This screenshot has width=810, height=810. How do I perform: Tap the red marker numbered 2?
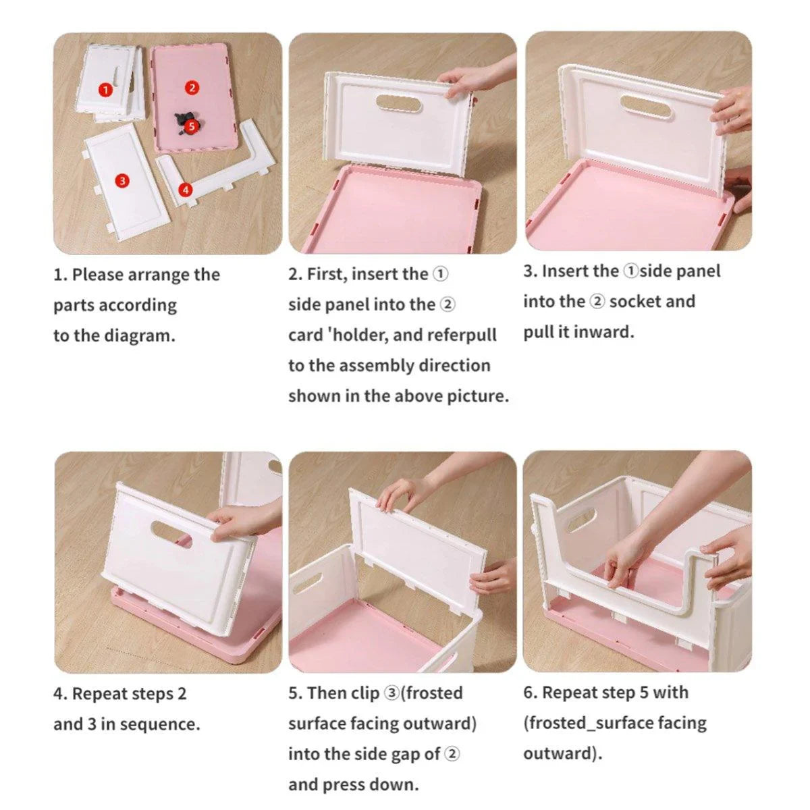point(192,88)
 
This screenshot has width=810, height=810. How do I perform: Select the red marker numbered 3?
point(122,180)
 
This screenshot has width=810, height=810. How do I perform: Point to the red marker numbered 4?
point(186,190)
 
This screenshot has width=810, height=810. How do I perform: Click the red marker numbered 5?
point(192,126)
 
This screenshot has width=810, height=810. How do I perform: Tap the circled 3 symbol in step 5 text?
point(391,693)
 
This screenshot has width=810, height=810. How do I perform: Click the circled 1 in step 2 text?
point(439,274)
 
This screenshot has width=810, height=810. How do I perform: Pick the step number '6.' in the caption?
point(530,693)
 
